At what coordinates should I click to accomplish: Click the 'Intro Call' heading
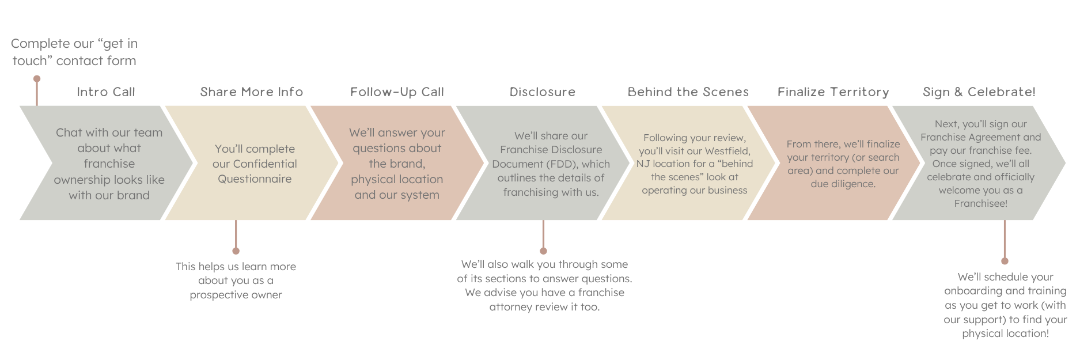[106, 92]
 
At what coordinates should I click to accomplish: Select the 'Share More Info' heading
[252, 92]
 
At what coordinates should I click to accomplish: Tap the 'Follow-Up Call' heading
[397, 92]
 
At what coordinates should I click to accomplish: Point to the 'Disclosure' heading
[543, 92]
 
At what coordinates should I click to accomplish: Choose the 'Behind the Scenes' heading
[688, 92]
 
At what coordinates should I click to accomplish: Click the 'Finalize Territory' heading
[833, 92]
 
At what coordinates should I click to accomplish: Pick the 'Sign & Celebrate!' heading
[979, 92]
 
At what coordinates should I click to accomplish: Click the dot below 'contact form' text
[37, 78]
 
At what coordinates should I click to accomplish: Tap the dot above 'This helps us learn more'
[236, 251]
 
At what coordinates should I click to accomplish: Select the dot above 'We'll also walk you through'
[543, 251]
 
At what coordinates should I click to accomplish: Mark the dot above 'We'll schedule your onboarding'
[1005, 261]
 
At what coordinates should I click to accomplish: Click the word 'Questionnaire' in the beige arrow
[255, 179]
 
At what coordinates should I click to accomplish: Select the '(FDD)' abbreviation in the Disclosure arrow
[563, 164]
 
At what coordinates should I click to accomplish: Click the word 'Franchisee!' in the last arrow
[981, 203]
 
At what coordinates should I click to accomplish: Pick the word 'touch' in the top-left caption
[29, 61]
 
